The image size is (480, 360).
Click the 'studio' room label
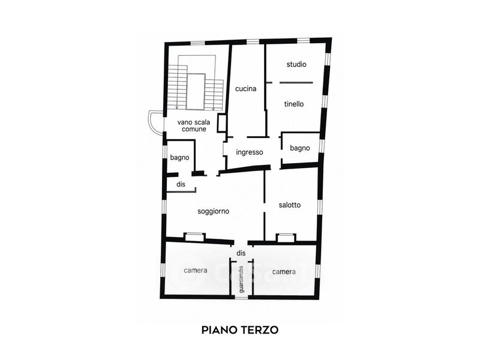(296, 64)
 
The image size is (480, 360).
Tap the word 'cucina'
(245, 89)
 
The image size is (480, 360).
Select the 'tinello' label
(294, 104)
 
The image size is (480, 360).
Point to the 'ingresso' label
(250, 152)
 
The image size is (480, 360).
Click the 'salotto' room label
(290, 205)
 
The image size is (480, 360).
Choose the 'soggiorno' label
(214, 212)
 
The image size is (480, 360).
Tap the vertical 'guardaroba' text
(242, 279)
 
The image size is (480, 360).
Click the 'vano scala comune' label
(194, 126)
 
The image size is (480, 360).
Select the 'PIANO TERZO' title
(240, 330)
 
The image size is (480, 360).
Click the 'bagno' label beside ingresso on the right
(300, 148)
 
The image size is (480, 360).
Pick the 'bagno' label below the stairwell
(179, 158)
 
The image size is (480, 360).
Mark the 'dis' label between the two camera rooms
(241, 253)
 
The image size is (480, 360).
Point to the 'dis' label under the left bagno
(181, 184)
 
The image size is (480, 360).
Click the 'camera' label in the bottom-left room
(196, 271)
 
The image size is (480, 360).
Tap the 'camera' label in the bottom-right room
(284, 272)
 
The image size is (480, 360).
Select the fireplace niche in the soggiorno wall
(194, 237)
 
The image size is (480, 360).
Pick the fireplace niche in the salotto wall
(286, 238)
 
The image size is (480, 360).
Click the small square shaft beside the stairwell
(221, 123)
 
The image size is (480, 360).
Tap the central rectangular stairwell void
(196, 92)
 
